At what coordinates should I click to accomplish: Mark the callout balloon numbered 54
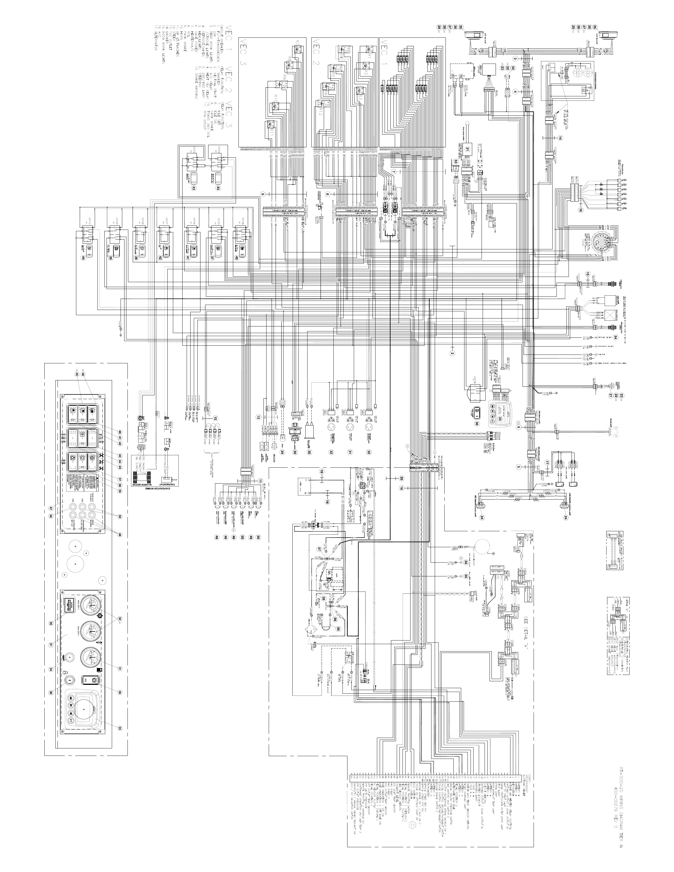click(x=615, y=337)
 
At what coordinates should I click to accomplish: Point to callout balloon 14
click(x=560, y=138)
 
